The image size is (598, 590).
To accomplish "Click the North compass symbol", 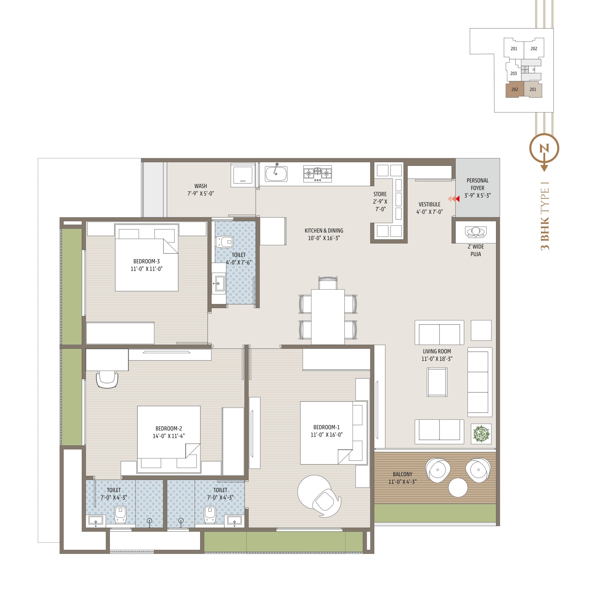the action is [x=544, y=149].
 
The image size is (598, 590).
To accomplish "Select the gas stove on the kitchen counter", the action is [x=317, y=173].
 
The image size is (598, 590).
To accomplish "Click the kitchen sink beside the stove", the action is [x=276, y=173].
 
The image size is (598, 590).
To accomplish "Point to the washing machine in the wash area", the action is [x=243, y=175].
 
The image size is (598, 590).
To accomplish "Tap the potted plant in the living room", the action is [x=481, y=434].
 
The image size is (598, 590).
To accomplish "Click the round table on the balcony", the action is [x=458, y=488].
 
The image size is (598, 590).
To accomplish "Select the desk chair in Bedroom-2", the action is [x=107, y=379].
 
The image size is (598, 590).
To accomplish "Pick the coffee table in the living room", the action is [x=437, y=382].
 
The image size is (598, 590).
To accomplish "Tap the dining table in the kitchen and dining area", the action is [x=328, y=317].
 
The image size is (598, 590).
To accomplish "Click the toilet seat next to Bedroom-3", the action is [x=224, y=242].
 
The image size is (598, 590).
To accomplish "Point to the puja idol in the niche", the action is [x=476, y=231].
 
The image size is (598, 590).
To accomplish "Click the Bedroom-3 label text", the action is [x=146, y=261].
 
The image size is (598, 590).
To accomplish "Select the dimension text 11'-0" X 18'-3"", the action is [x=437, y=359].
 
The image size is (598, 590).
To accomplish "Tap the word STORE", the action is [x=380, y=194].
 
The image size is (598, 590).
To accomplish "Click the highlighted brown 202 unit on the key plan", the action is [x=515, y=89].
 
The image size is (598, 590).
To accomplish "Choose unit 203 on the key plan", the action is [x=513, y=73].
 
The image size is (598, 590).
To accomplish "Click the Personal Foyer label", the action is [x=478, y=184].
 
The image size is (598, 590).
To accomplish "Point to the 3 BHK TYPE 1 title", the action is [x=545, y=215].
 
